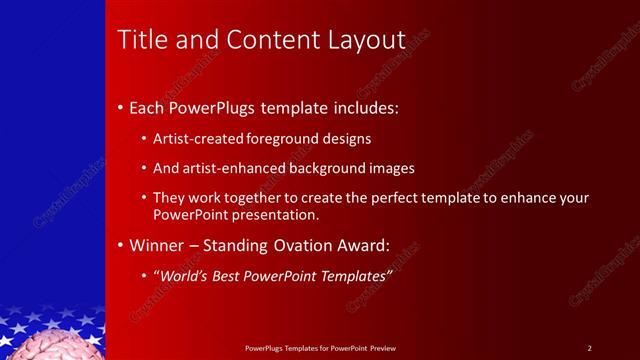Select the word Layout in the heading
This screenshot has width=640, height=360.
pos(367,41)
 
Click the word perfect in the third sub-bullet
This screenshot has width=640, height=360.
pos(390,199)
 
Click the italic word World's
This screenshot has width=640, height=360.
pos(182,276)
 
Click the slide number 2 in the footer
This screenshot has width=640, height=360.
pos(589,348)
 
